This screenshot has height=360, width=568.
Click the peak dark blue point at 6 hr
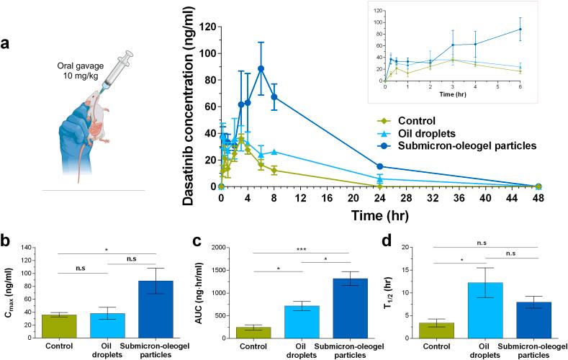pos(261,68)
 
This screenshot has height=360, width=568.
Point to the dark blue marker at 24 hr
pos(379,166)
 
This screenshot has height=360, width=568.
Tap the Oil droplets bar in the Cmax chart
pos(107,324)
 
